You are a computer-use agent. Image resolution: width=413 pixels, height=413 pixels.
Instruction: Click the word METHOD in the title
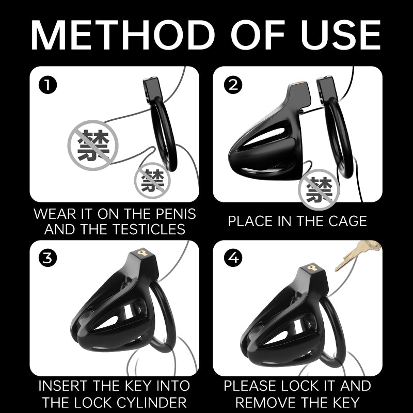click(123, 35)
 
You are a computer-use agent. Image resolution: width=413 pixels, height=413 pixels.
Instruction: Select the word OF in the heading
click(258, 35)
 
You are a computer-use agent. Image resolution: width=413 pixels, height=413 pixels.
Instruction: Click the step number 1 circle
click(47, 85)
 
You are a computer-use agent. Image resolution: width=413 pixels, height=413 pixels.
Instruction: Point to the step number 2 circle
click(233, 85)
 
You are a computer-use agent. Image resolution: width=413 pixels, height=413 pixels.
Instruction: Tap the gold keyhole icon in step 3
click(142, 253)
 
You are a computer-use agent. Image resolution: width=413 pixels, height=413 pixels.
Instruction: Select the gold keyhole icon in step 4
click(312, 268)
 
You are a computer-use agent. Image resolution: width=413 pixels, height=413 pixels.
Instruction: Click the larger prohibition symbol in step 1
click(93, 146)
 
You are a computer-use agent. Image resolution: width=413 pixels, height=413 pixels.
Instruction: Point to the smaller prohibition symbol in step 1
click(152, 180)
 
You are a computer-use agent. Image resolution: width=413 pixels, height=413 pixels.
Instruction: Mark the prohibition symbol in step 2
click(319, 189)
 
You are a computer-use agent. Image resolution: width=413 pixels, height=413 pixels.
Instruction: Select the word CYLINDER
click(152, 402)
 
